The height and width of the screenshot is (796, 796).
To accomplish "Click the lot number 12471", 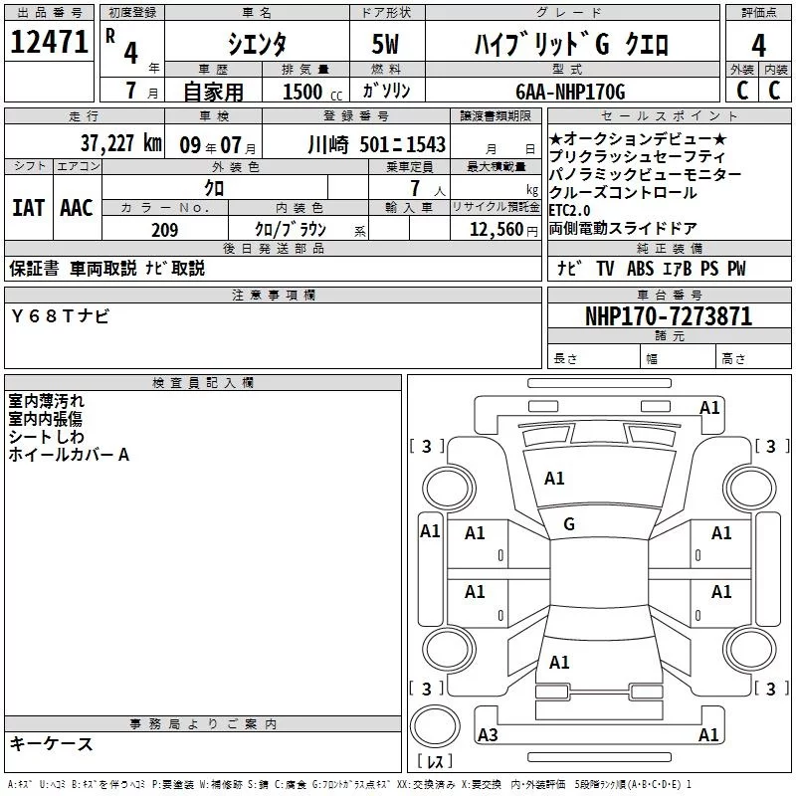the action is click(x=49, y=42).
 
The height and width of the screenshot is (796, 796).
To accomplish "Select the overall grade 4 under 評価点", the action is click(x=758, y=45).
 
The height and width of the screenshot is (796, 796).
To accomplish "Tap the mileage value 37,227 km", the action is click(x=120, y=143).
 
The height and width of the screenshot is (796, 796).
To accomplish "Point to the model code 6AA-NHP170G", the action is click(x=570, y=92).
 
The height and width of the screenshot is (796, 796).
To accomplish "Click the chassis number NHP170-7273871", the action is click(x=669, y=316).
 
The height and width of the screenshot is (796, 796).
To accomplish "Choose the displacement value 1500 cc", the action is click(x=312, y=92).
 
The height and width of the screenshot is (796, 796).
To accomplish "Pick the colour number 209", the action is click(x=164, y=230).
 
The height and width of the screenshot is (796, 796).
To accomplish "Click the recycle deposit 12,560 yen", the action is click(x=503, y=230).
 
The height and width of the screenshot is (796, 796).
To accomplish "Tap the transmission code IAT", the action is click(x=28, y=208).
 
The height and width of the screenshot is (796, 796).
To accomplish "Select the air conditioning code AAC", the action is click(x=77, y=208).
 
